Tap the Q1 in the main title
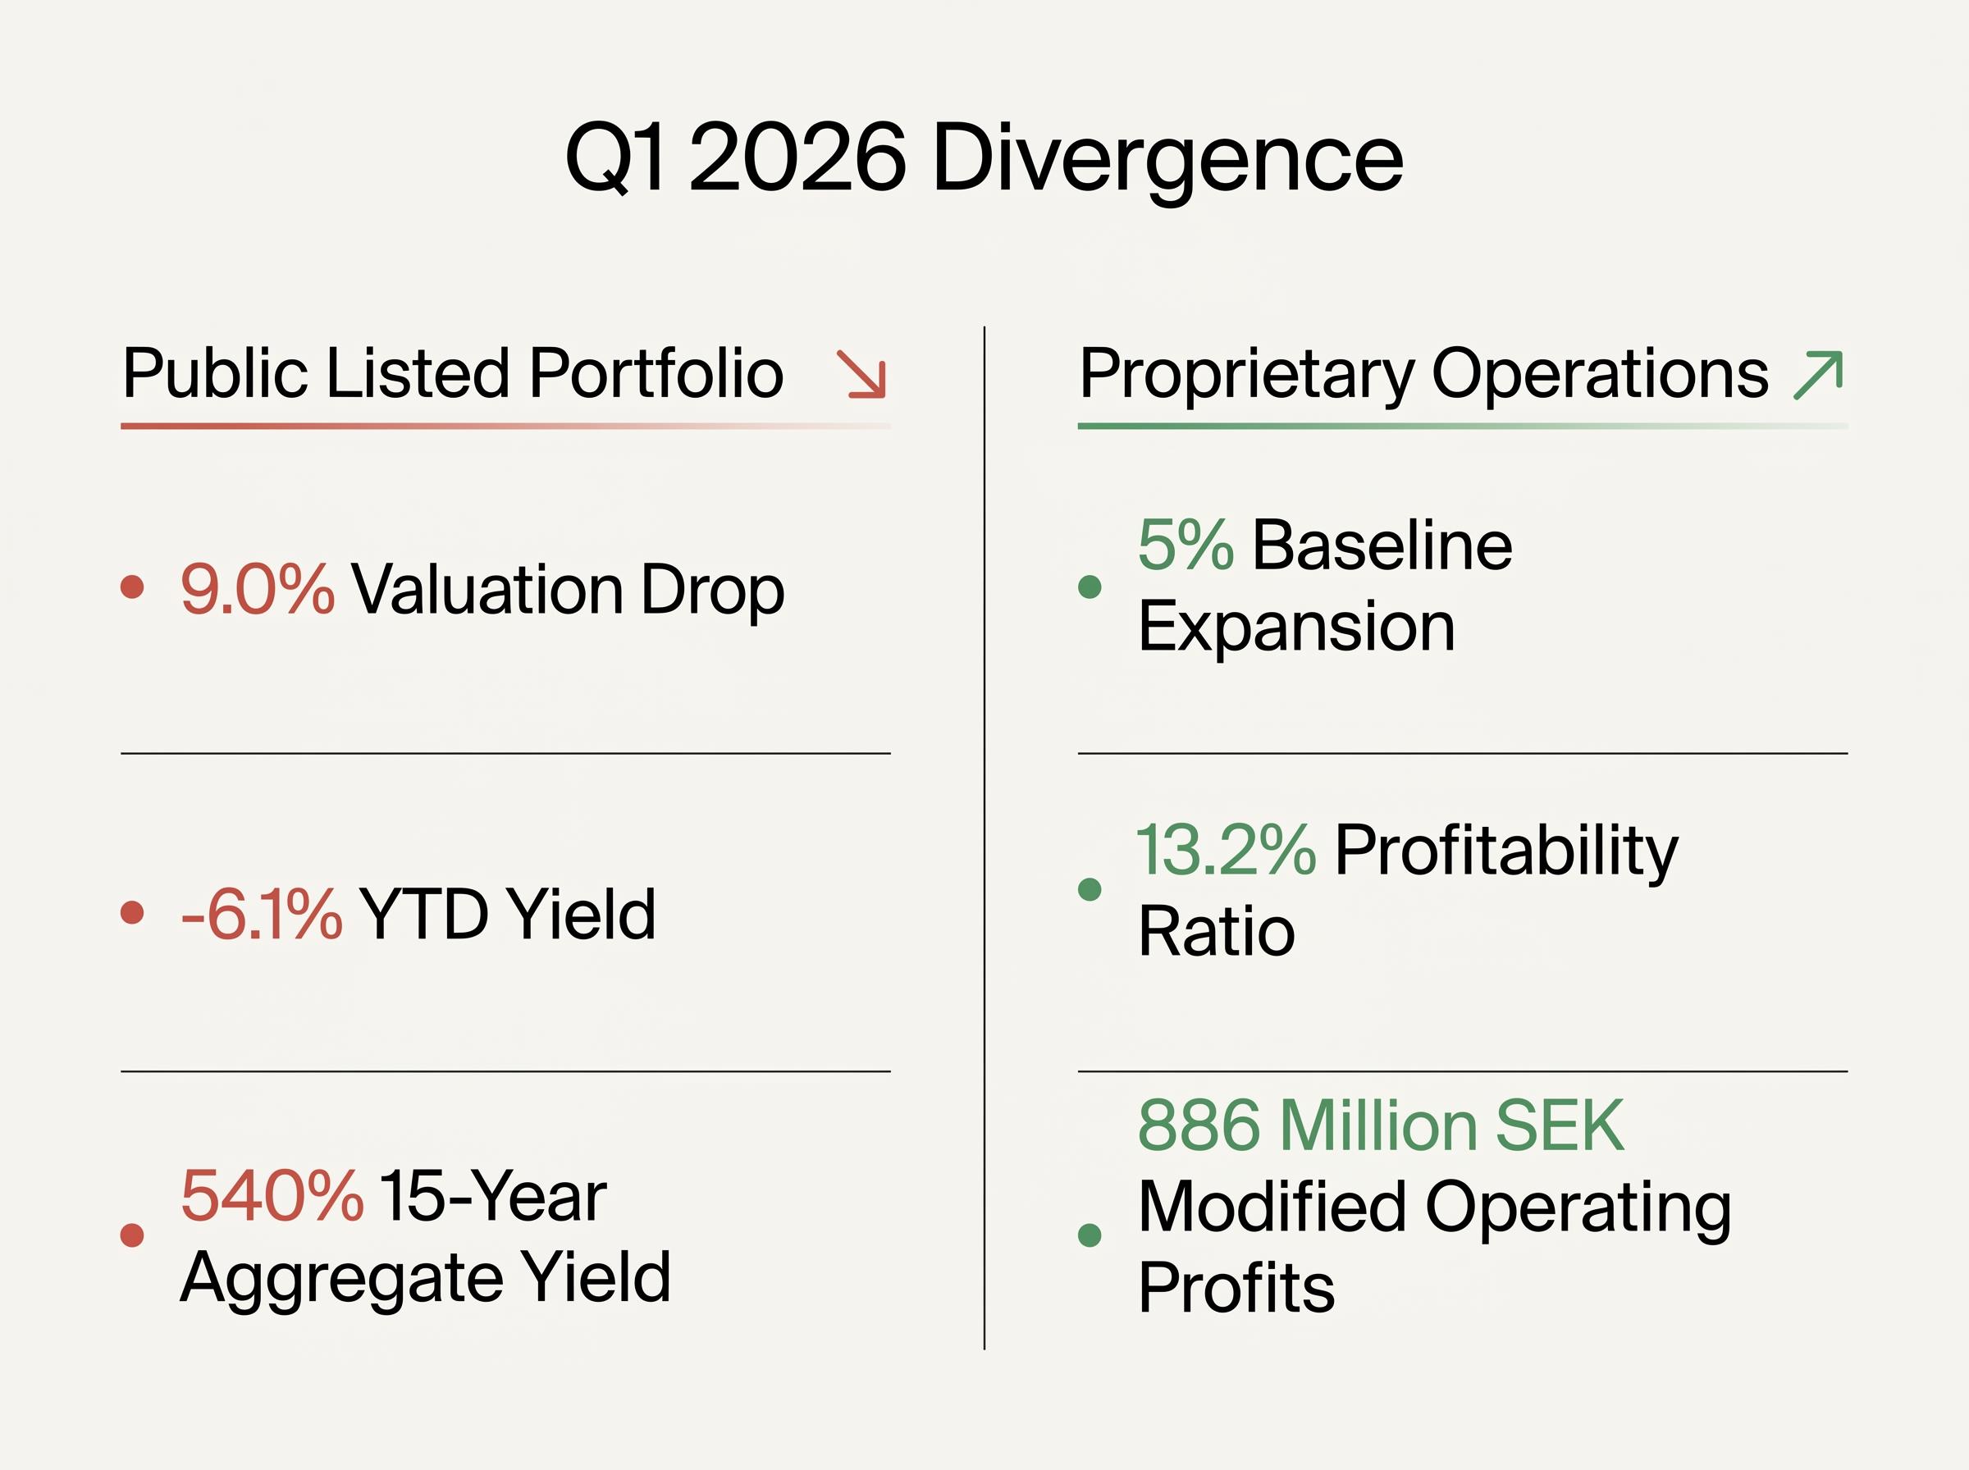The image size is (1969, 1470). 614,158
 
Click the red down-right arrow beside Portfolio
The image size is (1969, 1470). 861,374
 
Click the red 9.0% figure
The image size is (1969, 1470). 257,589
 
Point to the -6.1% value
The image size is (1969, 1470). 261,914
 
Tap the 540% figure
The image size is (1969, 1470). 272,1195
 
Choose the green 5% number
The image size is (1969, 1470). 1186,545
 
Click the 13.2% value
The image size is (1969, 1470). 1225,850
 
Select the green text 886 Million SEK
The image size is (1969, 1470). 1381,1125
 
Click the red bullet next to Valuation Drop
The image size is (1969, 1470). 133,587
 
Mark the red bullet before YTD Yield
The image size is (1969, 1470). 133,913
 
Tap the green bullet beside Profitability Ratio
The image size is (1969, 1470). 1089,889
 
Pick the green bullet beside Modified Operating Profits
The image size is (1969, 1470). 1089,1235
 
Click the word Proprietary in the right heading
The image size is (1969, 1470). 1245,374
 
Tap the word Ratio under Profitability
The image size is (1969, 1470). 1217,931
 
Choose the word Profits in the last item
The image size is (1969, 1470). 1236,1287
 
